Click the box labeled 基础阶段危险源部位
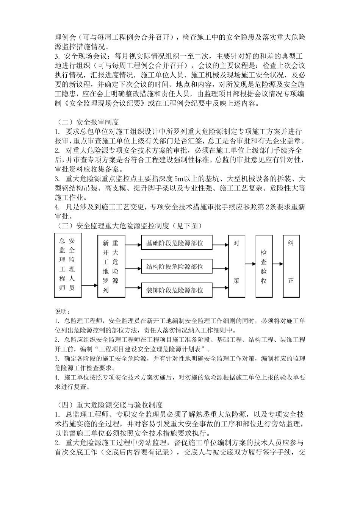point(175,243)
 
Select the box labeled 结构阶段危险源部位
point(175,267)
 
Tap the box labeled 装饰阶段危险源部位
point(175,290)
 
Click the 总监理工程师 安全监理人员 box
point(67,262)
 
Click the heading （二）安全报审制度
point(87,122)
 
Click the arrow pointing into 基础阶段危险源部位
point(133,243)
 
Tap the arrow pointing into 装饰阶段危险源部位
point(133,290)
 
